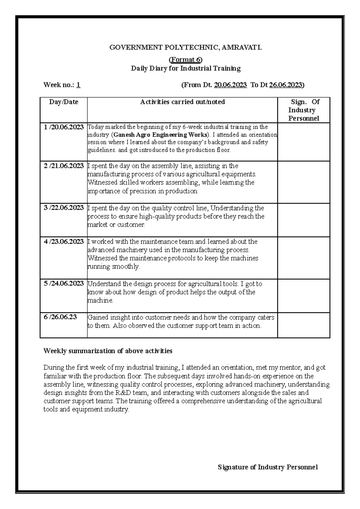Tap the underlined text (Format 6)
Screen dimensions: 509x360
tap(186, 60)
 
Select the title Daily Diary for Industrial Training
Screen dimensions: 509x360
tap(186, 69)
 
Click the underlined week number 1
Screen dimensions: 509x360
tap(78, 85)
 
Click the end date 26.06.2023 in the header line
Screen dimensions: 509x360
tap(286, 85)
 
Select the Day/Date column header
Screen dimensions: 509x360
tap(64, 102)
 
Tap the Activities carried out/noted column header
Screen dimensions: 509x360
tap(182, 102)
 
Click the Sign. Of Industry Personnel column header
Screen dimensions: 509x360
tap(304, 110)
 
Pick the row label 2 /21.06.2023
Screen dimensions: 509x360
tap(64, 166)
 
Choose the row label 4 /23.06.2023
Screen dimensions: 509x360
tap(64, 242)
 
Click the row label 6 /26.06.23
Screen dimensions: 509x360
tap(60, 317)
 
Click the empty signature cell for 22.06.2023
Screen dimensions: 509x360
tap(304, 220)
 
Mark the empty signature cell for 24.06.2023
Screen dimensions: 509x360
tap(304, 296)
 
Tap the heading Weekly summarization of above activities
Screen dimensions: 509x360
tap(108, 351)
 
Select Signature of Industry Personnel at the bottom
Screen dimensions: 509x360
tap(268, 467)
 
